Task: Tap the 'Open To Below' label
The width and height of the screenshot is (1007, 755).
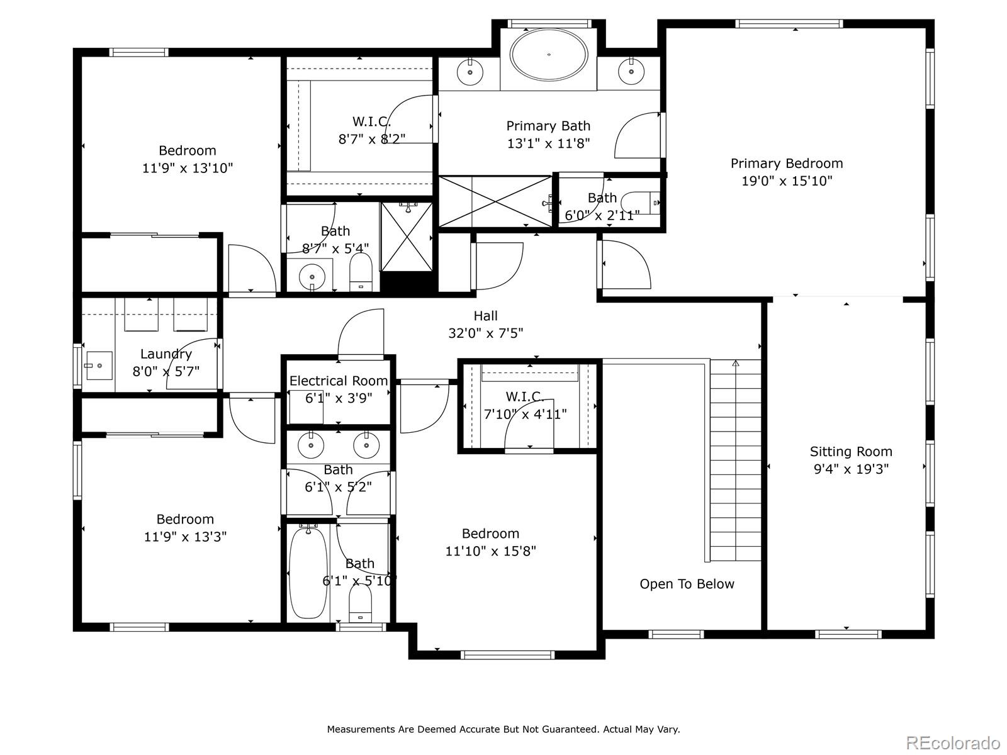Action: click(x=687, y=584)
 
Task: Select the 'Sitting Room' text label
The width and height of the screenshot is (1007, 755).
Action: click(x=851, y=452)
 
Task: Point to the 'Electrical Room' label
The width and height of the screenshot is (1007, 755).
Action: click(x=339, y=381)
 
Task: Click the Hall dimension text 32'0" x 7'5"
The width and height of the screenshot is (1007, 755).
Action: click(x=485, y=333)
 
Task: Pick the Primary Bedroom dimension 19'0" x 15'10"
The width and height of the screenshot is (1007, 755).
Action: click(x=787, y=181)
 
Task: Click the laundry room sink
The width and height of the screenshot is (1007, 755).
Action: click(x=98, y=366)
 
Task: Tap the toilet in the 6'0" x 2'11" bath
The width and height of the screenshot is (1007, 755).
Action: click(x=641, y=202)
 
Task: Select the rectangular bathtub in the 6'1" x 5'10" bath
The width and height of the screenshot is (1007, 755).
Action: click(x=308, y=573)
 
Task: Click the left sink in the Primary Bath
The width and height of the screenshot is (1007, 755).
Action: click(x=470, y=72)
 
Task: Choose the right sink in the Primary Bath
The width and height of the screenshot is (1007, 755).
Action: click(x=631, y=72)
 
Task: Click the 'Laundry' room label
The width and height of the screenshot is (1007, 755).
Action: click(x=166, y=354)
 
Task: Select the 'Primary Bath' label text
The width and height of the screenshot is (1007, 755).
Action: click(x=548, y=126)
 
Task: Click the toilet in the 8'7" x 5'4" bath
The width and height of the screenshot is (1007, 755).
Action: click(x=361, y=272)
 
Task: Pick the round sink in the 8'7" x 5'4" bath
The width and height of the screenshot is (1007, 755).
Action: click(x=312, y=277)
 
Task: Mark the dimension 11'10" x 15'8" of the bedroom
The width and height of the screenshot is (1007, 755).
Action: click(x=490, y=551)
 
